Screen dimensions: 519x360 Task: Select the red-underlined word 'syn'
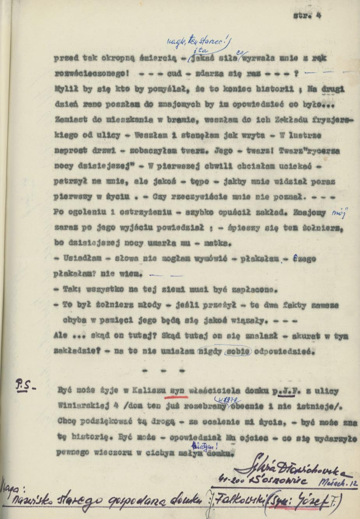pyautogui.click(x=178, y=390)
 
